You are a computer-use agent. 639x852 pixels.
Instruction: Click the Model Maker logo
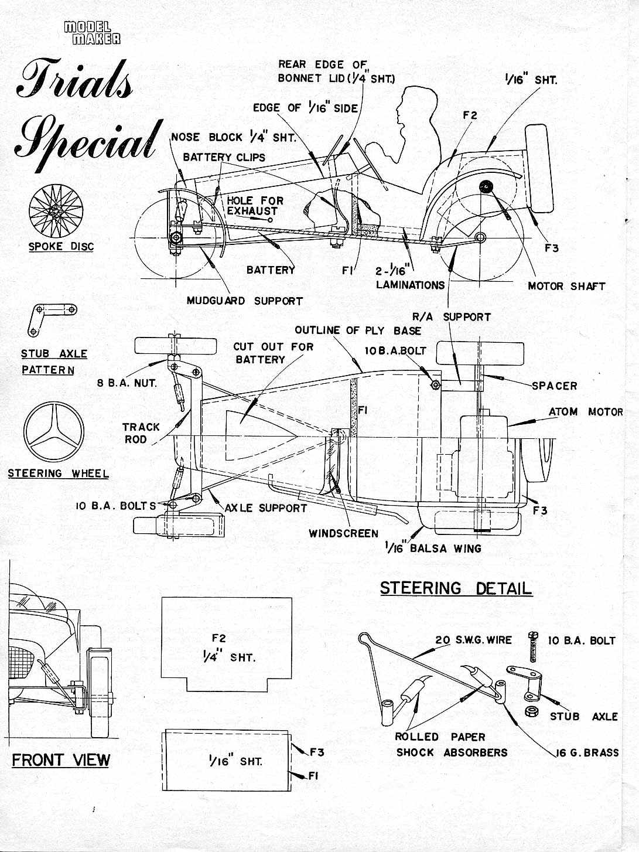[x=92, y=33]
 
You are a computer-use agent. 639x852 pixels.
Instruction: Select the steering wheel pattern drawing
[x=54, y=432]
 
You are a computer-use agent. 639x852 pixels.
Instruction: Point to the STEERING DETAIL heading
[x=456, y=588]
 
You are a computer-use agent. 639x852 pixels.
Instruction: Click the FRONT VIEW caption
[x=61, y=760]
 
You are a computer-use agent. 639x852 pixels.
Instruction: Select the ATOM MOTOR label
[x=585, y=412]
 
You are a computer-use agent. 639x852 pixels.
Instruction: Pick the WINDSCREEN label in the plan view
[x=343, y=533]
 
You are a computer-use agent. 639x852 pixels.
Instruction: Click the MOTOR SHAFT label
[x=566, y=286]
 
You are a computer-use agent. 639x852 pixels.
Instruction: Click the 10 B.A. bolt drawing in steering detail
[x=533, y=646]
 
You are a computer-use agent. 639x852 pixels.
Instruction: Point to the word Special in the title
[x=88, y=137]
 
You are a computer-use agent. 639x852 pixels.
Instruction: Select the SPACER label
[x=554, y=386]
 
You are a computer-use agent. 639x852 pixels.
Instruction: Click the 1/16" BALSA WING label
[x=433, y=548]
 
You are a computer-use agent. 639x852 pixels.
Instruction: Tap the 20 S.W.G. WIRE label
[x=473, y=640]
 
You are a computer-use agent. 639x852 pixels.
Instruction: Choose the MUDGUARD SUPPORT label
[x=244, y=301]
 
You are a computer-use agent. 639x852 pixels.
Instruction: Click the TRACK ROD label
[x=141, y=433]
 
